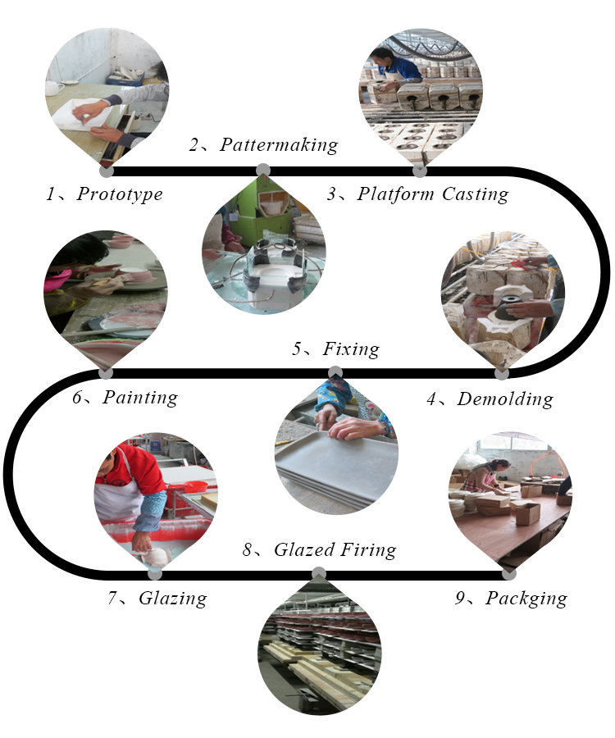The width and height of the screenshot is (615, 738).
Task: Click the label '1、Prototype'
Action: (x=104, y=194)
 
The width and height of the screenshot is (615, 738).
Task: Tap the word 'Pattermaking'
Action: (x=279, y=145)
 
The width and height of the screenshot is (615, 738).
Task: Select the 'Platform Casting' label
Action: (x=433, y=194)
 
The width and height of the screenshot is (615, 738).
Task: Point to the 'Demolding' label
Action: (x=505, y=399)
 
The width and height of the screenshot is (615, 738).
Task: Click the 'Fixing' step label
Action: (x=351, y=348)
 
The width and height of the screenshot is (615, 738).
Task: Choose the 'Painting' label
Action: (x=140, y=397)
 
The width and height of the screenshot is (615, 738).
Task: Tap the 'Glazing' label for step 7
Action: (x=173, y=599)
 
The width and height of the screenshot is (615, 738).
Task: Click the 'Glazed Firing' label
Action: (x=335, y=549)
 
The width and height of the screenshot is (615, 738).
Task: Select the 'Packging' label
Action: (x=526, y=599)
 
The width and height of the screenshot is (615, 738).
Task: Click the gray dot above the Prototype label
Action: (x=107, y=171)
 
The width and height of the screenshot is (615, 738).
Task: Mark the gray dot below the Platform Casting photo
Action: (x=420, y=171)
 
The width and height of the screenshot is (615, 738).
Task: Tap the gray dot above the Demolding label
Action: (x=503, y=373)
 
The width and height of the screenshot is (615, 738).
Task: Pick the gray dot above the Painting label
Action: (x=107, y=373)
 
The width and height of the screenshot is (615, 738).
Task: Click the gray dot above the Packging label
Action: (x=509, y=574)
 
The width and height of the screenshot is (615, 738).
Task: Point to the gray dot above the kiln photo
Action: (x=319, y=574)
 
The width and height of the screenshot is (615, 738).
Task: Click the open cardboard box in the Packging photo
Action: (x=525, y=513)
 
